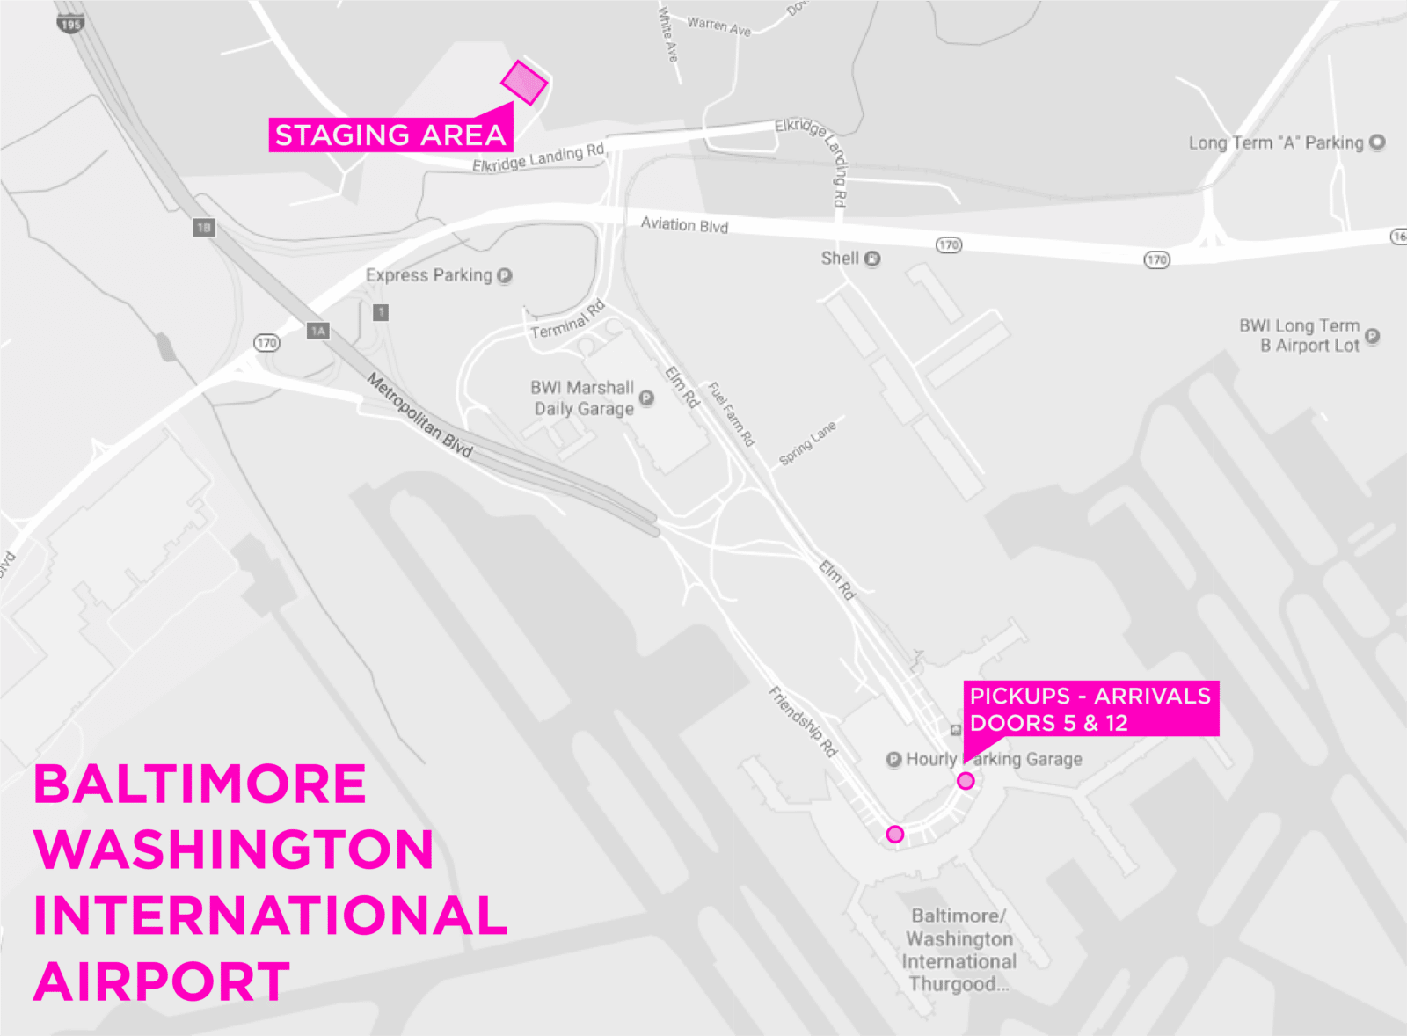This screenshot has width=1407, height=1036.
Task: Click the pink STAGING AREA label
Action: tap(390, 135)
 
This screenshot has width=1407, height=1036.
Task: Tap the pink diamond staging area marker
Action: tap(524, 83)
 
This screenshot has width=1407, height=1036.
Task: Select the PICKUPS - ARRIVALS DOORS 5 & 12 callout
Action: tap(1090, 709)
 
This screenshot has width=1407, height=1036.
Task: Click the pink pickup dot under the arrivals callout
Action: tap(966, 781)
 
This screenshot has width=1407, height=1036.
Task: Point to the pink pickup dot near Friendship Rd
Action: tap(895, 834)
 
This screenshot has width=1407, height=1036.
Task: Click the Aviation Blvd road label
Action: tap(684, 224)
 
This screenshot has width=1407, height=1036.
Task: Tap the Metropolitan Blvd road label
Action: tap(419, 416)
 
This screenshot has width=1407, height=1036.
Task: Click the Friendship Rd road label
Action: tap(804, 721)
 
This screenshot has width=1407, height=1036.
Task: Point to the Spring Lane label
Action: tap(807, 442)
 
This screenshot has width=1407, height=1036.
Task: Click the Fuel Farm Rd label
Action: tap(732, 413)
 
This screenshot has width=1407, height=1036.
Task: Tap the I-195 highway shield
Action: tap(70, 24)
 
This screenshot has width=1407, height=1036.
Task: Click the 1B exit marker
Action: tap(204, 228)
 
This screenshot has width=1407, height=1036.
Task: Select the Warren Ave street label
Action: tap(719, 26)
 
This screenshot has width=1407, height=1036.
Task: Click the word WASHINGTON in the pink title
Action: tap(234, 850)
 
